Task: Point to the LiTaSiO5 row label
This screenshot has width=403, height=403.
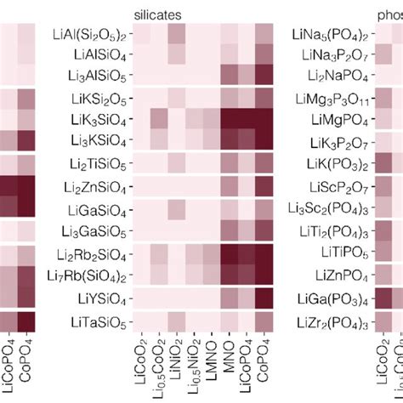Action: tap(99, 322)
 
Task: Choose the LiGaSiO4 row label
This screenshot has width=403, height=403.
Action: tap(99, 209)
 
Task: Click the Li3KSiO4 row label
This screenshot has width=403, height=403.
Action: tap(100, 138)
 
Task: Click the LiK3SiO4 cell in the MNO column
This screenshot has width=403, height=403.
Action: tap(230, 116)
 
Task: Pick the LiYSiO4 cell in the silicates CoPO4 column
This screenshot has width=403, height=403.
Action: tap(265, 298)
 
